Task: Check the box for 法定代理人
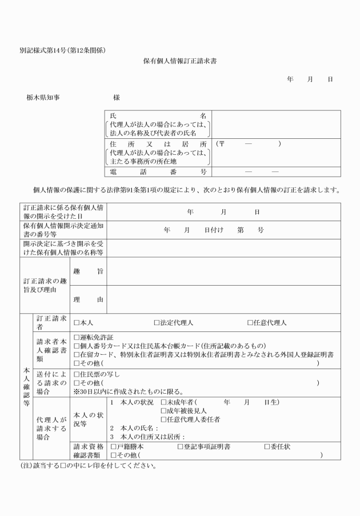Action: [x=157, y=323]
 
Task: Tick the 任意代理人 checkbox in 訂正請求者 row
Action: [x=250, y=323]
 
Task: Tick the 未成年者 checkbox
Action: [x=163, y=402]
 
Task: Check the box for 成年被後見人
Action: [x=163, y=411]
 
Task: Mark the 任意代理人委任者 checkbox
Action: [x=163, y=419]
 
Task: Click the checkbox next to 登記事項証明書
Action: [x=181, y=446]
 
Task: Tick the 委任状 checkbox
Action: [x=267, y=446]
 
